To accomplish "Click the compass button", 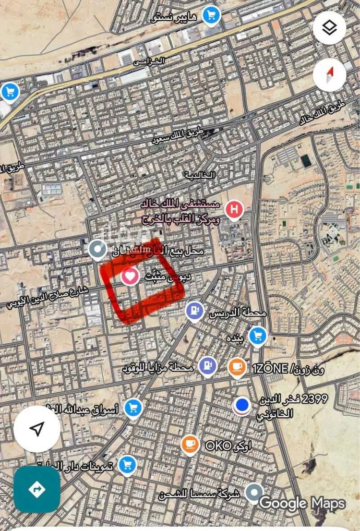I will tap(329, 75).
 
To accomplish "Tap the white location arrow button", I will tap(37, 429).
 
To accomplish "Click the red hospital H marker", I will tap(234, 210).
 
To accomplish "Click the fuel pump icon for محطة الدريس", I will tap(195, 310).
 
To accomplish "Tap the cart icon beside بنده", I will tap(258, 335).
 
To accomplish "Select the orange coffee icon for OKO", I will tap(191, 444).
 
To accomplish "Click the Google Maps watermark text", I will tap(302, 503).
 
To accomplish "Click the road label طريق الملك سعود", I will tap(178, 136).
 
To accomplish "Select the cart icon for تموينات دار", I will tap(127, 464).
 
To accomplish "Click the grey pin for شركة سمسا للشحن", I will tap(253, 492).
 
